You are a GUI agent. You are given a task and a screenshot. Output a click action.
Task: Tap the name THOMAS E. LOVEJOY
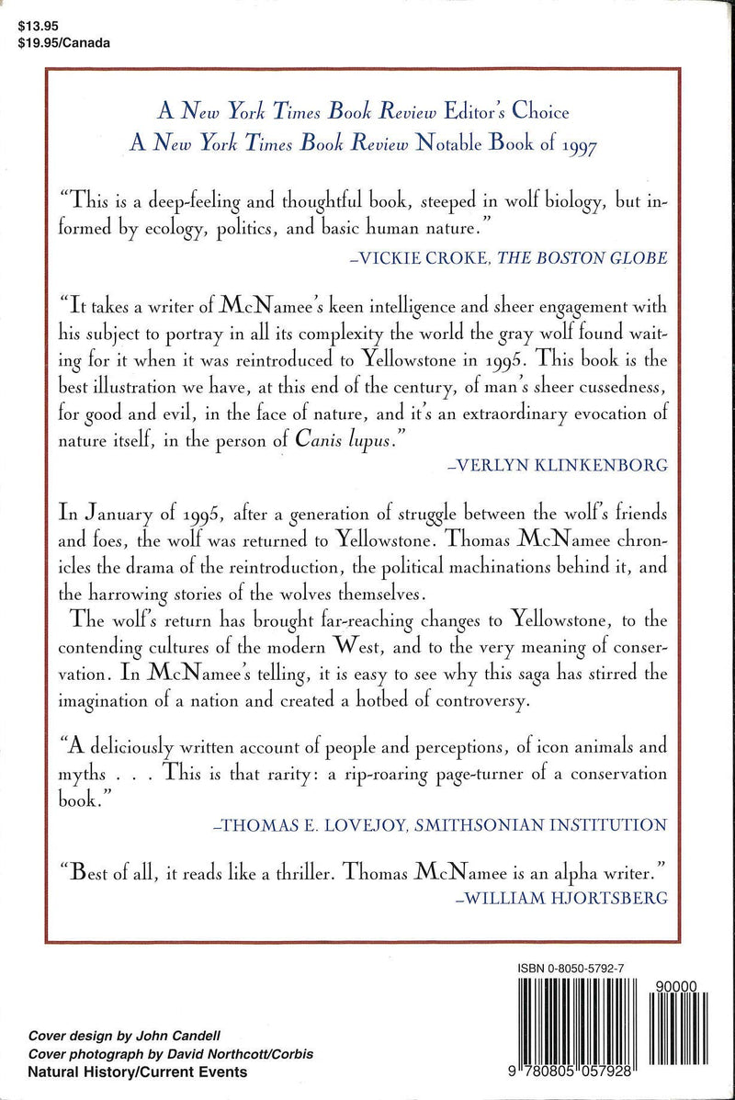click(x=309, y=823)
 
